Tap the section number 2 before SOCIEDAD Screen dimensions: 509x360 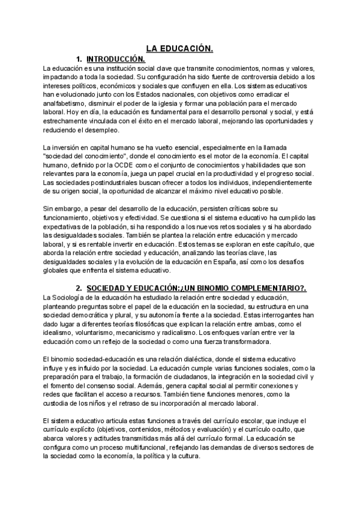pos(79,289)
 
